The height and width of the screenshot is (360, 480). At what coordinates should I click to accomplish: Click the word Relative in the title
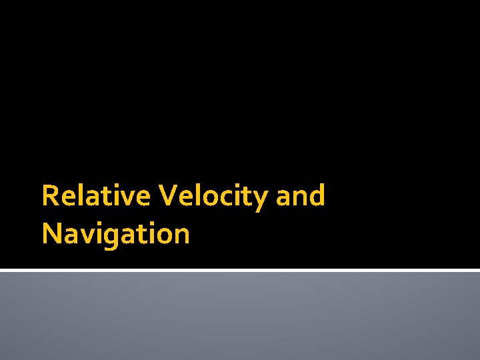click(97, 196)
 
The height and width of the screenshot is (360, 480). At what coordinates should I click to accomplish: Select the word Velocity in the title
click(213, 196)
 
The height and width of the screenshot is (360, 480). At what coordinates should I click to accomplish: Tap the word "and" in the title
click(301, 196)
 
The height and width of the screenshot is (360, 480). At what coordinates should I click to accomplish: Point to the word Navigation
click(115, 234)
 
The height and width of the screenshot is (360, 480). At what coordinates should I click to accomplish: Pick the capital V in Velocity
click(167, 196)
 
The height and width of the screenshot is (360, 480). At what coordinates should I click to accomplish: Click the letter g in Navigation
click(110, 237)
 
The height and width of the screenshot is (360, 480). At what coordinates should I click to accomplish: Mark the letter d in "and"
click(317, 195)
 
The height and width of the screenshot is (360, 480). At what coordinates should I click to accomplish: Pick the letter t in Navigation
click(140, 235)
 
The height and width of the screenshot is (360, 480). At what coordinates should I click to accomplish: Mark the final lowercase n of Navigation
click(181, 236)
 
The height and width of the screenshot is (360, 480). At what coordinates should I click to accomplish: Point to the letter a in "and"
click(283, 198)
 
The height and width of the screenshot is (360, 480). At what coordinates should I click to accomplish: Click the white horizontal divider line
click(240, 270)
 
